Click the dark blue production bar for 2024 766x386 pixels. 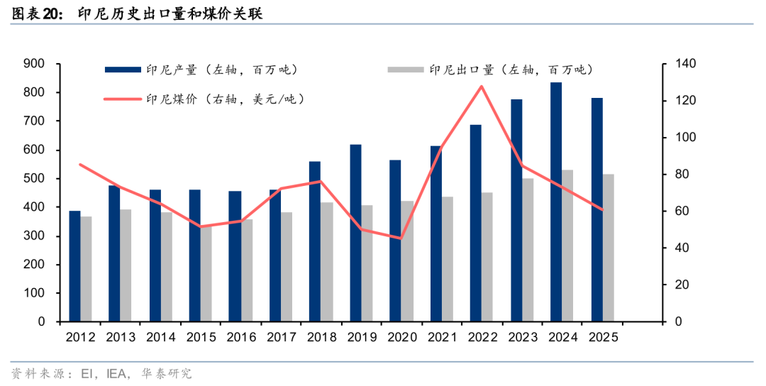(557, 202)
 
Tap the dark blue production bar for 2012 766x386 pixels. (74, 266)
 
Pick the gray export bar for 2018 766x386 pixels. (326, 262)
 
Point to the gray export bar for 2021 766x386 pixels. (448, 259)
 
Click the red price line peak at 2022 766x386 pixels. (482, 87)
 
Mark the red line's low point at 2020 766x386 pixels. (401, 238)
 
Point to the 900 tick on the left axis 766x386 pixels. (35, 64)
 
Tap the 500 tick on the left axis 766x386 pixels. (35, 178)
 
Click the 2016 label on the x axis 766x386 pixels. (241, 338)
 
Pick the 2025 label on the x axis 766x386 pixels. (603, 338)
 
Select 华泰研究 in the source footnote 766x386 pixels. (167, 373)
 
